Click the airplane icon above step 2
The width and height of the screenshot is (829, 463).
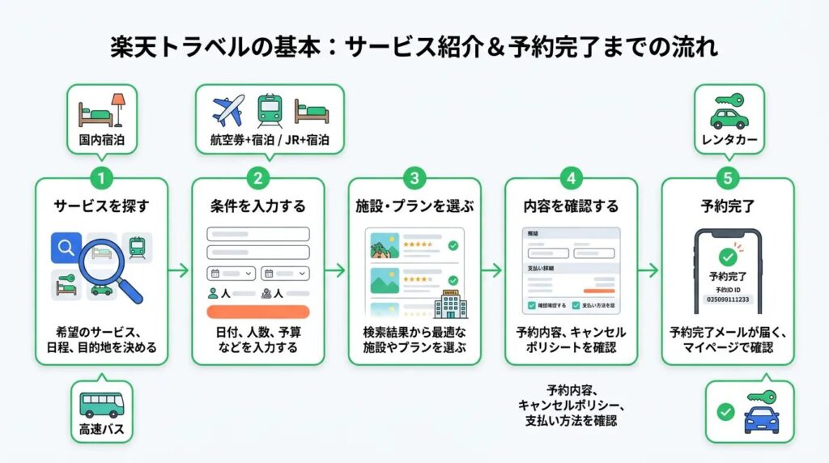227,111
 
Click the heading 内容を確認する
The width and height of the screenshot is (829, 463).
571,206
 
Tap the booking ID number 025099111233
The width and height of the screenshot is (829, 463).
728,299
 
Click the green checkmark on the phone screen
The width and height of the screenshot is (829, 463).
728,257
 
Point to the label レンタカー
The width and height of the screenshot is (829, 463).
728,140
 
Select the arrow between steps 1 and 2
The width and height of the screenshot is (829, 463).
180,271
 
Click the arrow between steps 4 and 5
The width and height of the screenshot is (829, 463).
649,271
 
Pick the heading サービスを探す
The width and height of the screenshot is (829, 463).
101,206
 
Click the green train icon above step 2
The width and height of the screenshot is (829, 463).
269,111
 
